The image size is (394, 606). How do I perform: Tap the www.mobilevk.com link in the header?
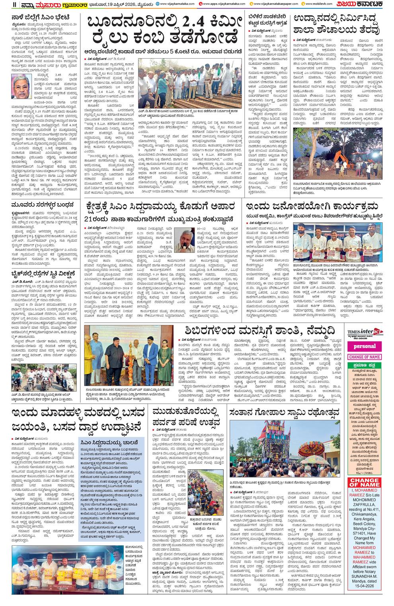[x=317, y=4]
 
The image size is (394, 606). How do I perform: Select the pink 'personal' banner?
[x=364, y=346]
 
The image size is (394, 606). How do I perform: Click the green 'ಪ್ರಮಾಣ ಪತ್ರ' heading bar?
[x=364, y=365]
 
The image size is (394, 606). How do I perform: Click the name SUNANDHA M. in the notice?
[x=364, y=576]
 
